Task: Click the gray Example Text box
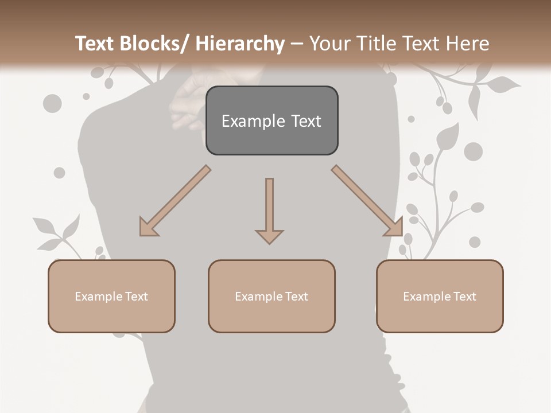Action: click(271, 120)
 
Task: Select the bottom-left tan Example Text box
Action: click(111, 296)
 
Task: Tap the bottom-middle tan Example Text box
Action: click(271, 296)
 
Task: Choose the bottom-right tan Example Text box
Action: click(440, 296)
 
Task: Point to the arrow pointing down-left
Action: click(174, 201)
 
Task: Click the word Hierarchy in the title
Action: click(240, 44)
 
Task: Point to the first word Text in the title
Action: click(95, 44)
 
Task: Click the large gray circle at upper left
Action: click(52, 104)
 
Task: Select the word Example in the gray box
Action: click(246, 121)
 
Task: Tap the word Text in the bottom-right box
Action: click(463, 296)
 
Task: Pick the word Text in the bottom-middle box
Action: click(295, 296)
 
